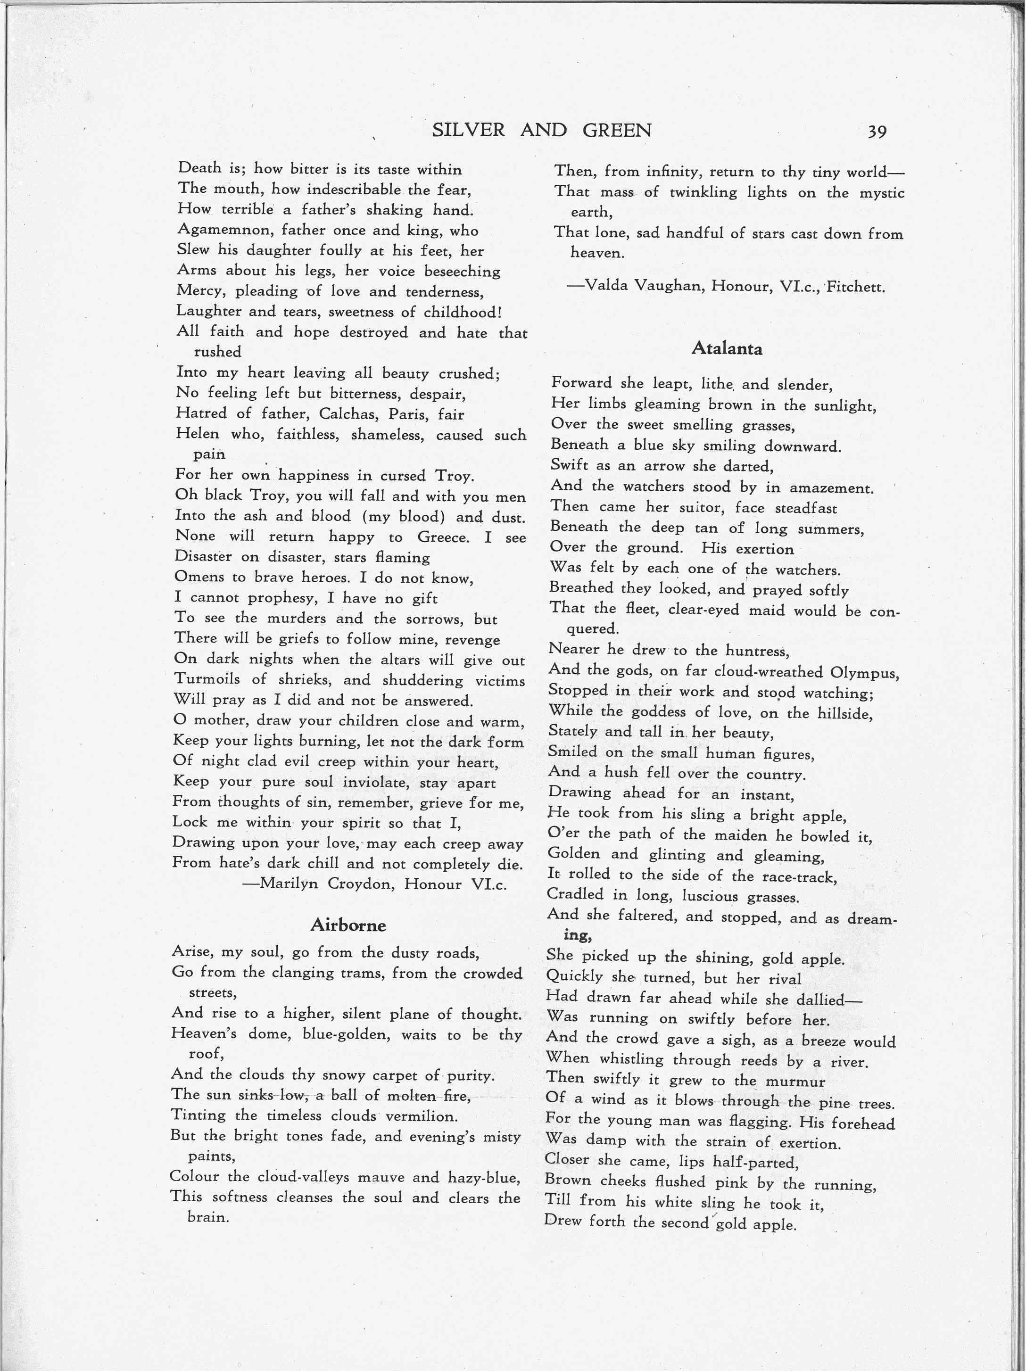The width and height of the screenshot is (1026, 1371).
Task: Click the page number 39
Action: pos(877,132)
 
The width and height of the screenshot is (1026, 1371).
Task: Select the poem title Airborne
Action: pos(348,925)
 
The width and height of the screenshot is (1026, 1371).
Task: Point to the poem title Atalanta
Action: pos(727,348)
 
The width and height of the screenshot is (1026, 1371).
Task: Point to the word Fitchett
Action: pos(856,287)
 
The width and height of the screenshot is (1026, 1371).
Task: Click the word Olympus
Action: pos(864,672)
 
